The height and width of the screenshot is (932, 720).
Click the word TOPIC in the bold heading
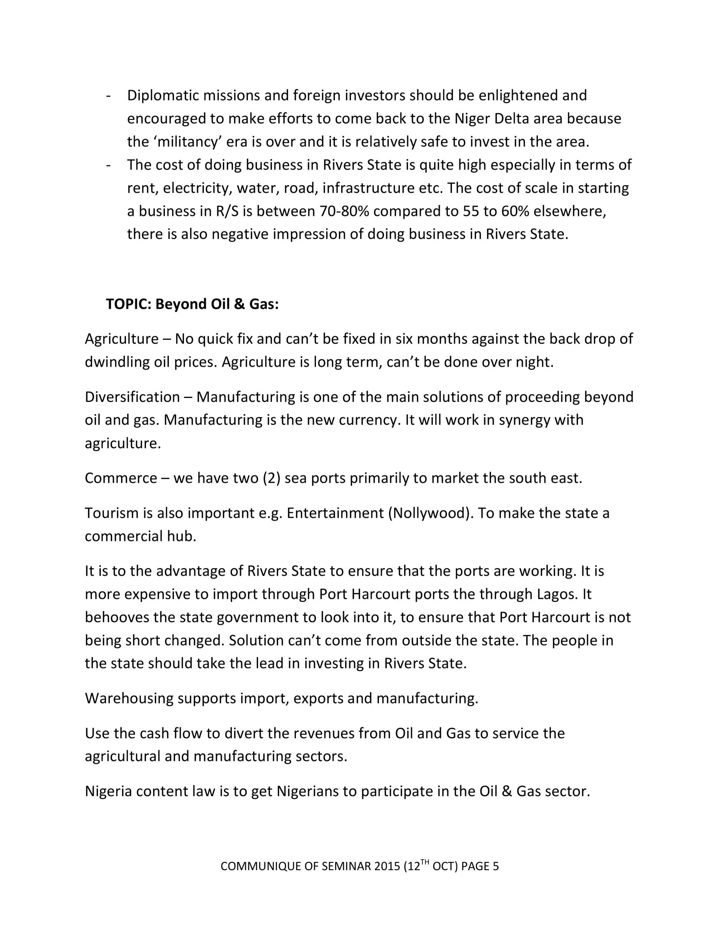128,304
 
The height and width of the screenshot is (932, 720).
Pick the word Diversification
132,397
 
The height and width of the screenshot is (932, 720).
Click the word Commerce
121,478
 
